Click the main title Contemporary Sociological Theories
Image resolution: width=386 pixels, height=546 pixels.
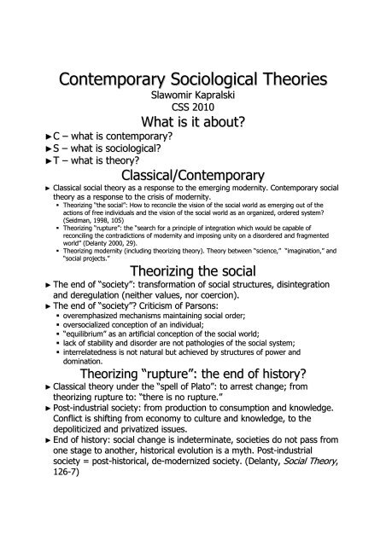[193, 80]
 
